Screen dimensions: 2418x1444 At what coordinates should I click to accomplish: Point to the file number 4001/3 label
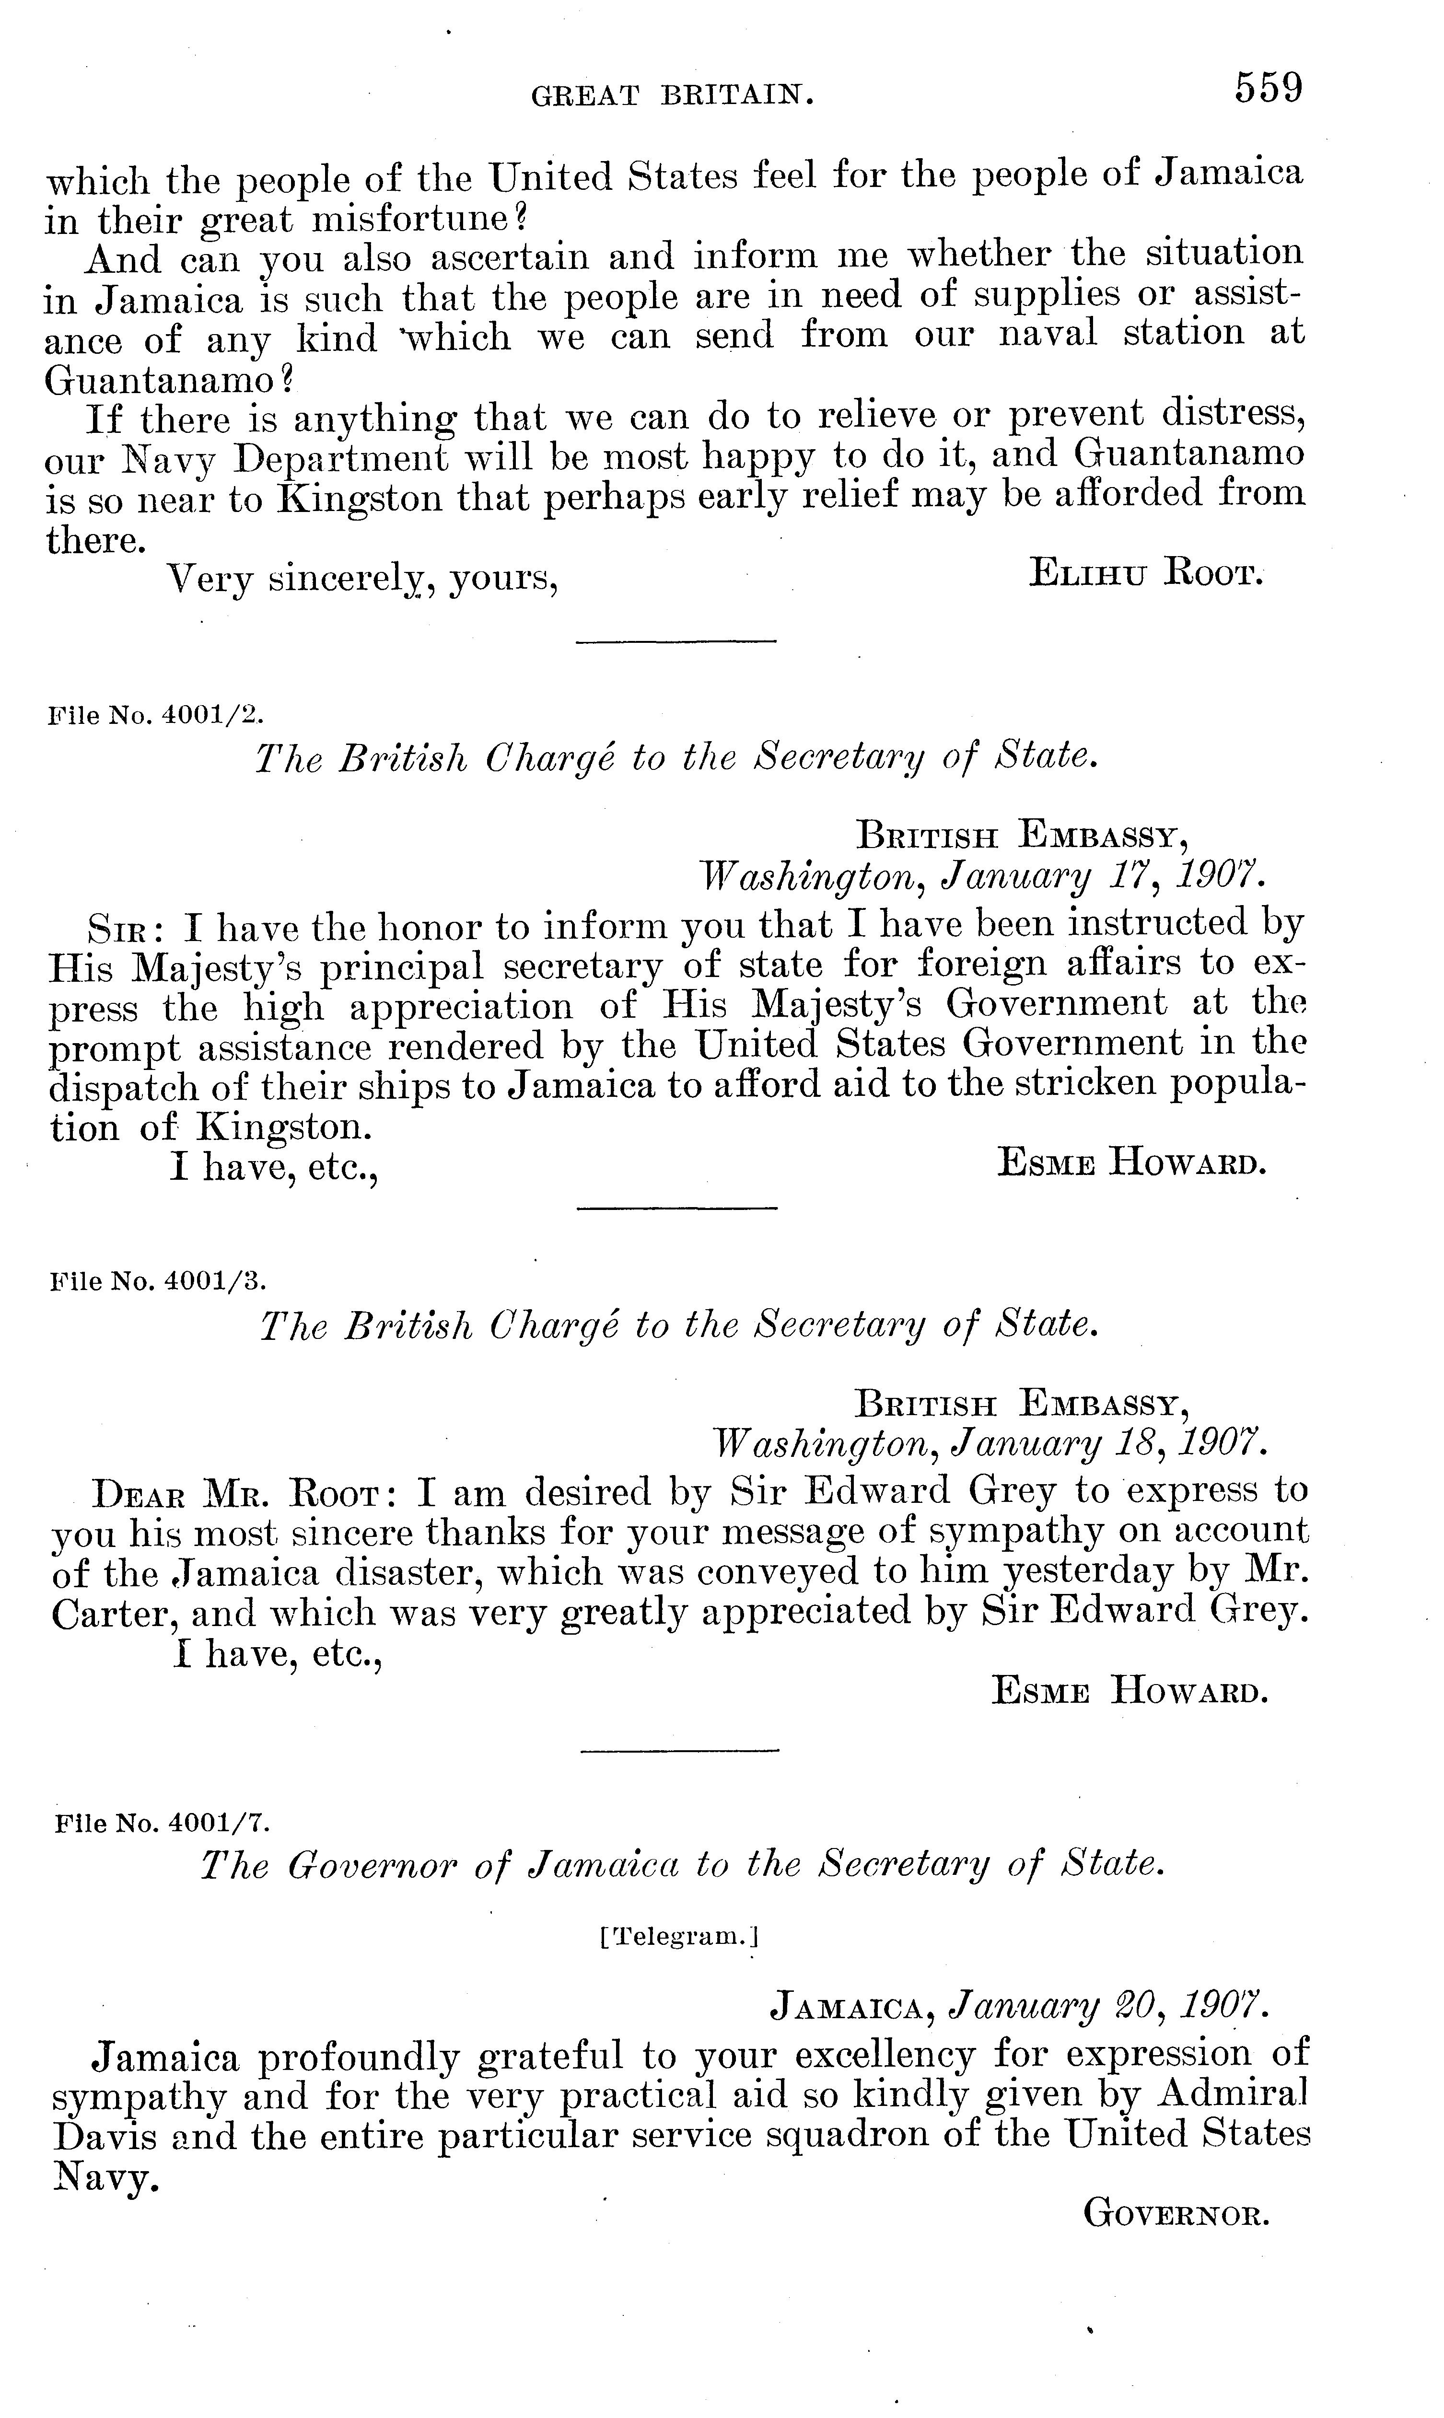(x=156, y=1280)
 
